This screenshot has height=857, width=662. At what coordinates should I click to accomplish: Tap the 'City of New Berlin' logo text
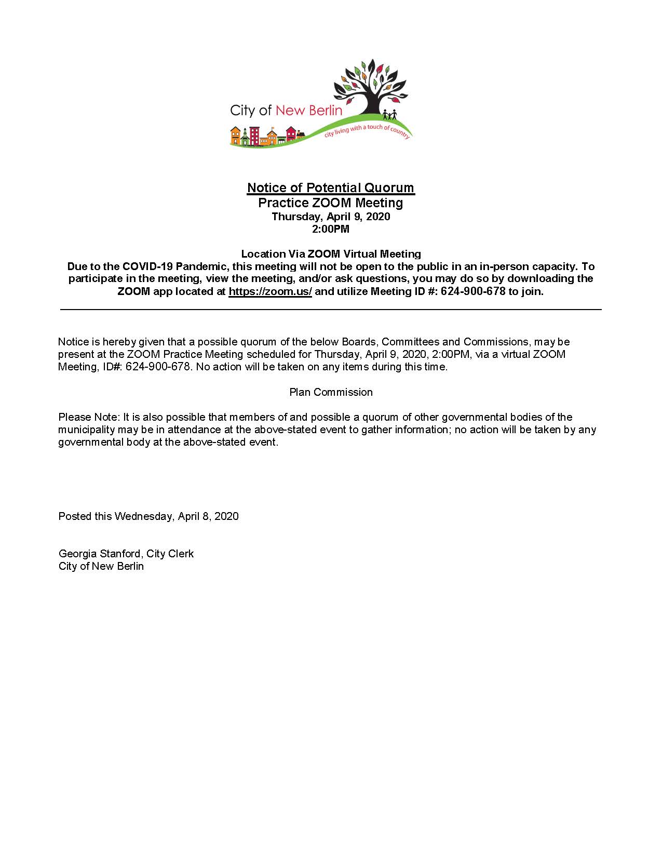click(286, 110)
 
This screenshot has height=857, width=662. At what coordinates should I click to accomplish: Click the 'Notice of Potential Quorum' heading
click(331, 188)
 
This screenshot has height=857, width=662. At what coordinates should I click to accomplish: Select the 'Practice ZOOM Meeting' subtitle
click(331, 203)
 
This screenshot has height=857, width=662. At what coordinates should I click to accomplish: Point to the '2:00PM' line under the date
click(331, 229)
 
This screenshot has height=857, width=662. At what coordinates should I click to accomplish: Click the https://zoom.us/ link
click(270, 291)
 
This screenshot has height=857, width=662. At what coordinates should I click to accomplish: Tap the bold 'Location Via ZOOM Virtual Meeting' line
click(331, 254)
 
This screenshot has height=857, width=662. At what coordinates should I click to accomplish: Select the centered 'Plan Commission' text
click(331, 392)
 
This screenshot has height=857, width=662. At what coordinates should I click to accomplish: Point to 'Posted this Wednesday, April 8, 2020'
click(148, 516)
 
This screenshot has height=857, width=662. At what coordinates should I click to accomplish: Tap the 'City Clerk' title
click(170, 554)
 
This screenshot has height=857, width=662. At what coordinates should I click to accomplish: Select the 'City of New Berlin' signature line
click(101, 566)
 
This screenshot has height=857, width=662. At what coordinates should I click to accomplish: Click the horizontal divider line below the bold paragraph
click(331, 310)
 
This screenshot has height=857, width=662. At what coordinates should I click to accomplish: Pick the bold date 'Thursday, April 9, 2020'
click(331, 217)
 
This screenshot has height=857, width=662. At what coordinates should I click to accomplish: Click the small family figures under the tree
click(389, 114)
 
